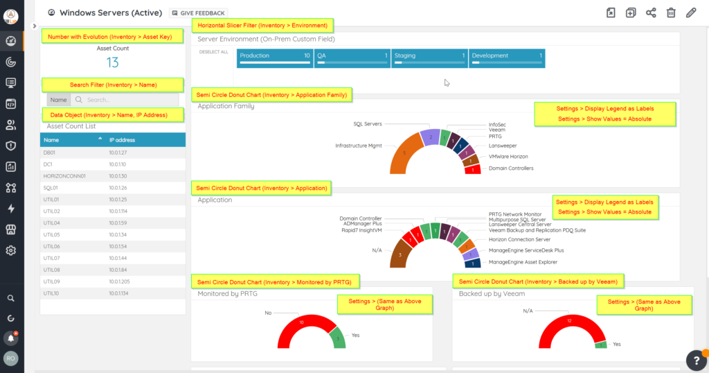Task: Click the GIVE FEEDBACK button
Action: (x=198, y=12)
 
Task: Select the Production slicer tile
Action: (x=275, y=58)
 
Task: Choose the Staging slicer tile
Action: (x=429, y=58)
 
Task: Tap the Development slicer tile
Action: (x=507, y=58)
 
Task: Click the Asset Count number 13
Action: (x=112, y=62)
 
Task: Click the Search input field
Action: (x=125, y=100)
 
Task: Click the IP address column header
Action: (x=122, y=140)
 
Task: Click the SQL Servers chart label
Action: (x=368, y=124)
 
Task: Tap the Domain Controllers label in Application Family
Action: (x=511, y=168)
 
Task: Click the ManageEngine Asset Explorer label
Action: (x=523, y=262)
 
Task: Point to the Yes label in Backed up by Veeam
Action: (x=616, y=344)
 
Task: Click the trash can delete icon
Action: (x=670, y=12)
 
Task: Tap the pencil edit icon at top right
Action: (x=690, y=12)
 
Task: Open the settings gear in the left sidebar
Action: (x=11, y=250)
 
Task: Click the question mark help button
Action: (x=695, y=359)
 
